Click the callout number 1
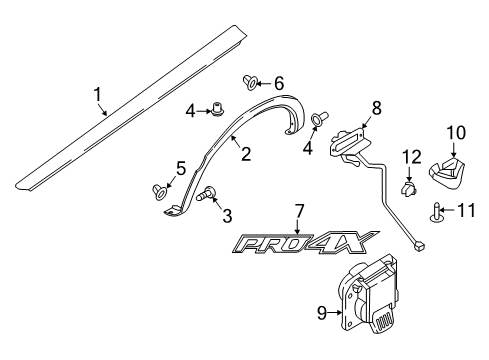98,94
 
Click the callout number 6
279,84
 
